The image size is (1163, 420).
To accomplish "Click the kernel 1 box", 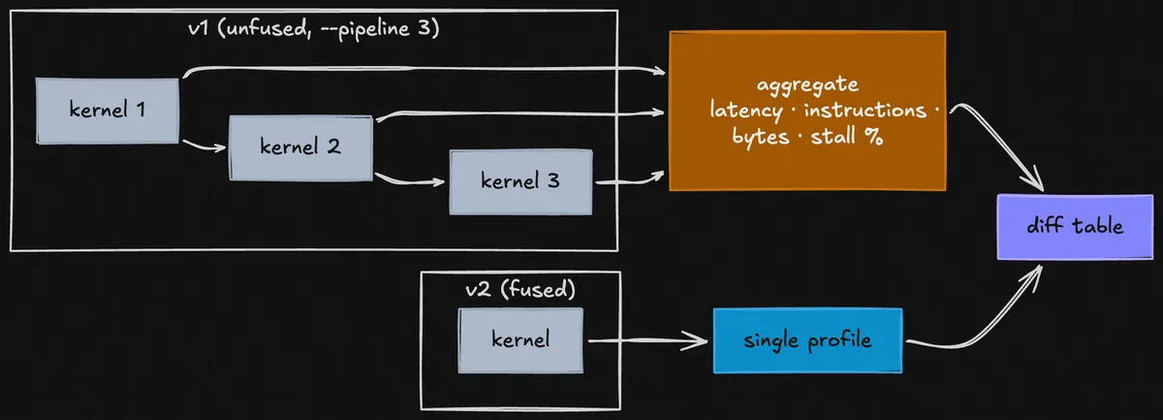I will (108, 111).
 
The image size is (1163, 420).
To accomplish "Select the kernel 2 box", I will (300, 147).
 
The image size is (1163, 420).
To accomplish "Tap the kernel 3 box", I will (520, 181).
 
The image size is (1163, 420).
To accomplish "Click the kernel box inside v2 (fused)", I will (520, 339).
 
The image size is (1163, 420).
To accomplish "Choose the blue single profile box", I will (807, 340).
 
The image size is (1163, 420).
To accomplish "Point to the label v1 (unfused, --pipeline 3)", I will (314, 29).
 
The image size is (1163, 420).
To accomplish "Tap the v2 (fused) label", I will (520, 289).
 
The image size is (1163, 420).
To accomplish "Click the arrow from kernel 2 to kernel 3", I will (412, 180).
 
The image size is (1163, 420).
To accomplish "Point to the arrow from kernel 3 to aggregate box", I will (630, 179).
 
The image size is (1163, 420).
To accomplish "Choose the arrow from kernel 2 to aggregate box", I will (523, 113).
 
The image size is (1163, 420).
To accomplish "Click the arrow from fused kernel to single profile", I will (647, 340).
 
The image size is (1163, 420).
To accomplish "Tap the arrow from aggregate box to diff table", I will (998, 145).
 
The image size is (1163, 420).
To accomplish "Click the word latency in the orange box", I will (744, 111).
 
